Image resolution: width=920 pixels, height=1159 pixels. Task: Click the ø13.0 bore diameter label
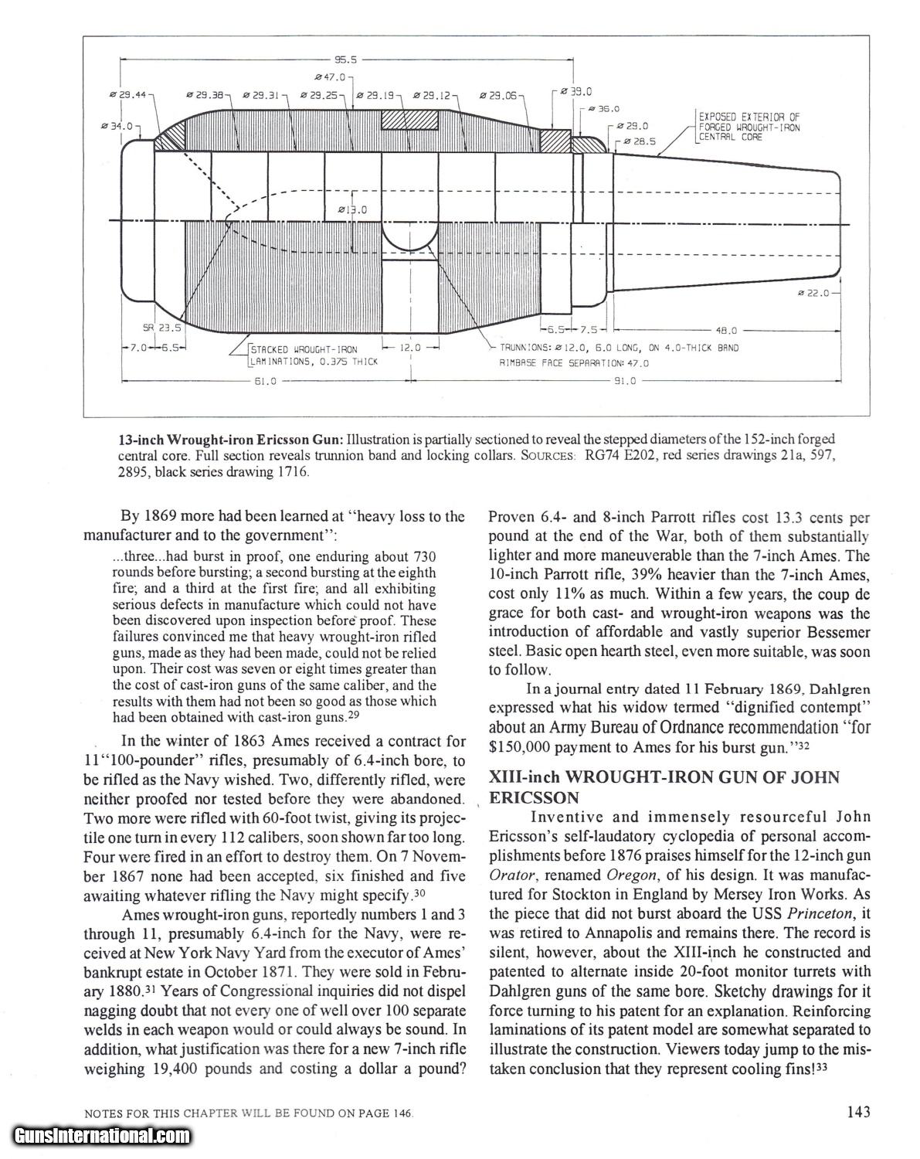click(353, 209)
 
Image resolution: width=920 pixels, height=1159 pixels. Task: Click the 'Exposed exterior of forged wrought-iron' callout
click(748, 127)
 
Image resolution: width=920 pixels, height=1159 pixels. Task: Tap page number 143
click(857, 1112)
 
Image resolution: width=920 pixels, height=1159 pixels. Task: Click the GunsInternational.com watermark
click(101, 1136)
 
